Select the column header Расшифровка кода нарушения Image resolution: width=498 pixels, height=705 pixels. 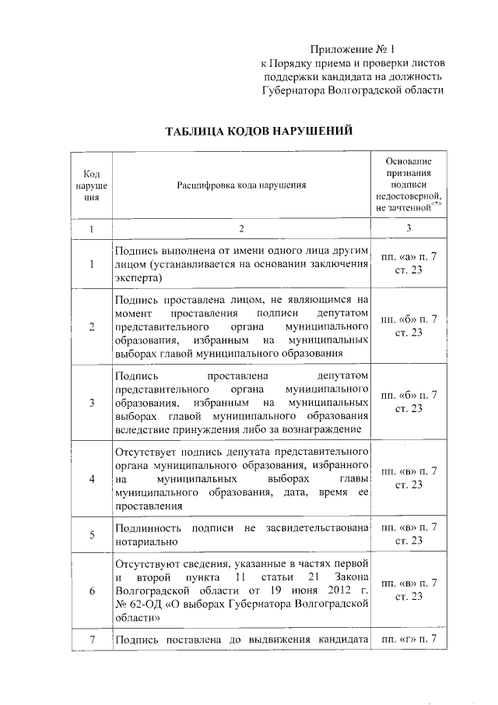point(241,185)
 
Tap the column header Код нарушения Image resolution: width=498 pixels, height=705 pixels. point(92,185)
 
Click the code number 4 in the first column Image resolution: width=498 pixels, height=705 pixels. point(92,478)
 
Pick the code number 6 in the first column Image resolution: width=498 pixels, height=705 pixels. point(92,590)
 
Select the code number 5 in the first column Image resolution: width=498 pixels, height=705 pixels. point(92,534)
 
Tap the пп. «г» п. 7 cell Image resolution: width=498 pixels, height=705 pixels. point(408,640)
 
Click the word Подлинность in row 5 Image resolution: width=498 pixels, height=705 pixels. point(146,529)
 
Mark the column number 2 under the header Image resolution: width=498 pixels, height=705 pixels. point(241,229)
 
